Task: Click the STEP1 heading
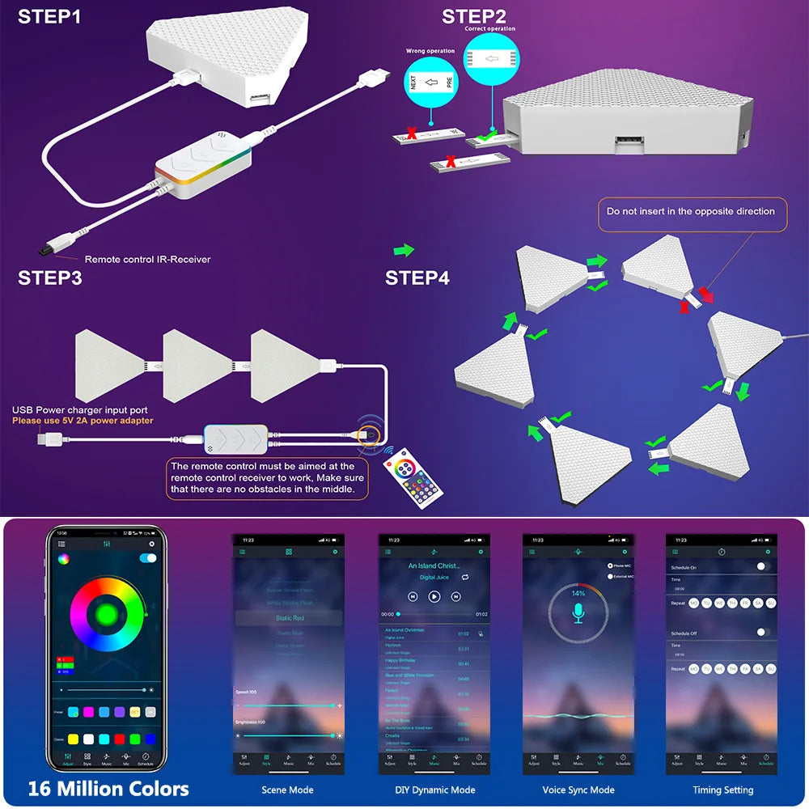point(49,16)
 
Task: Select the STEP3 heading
point(49,278)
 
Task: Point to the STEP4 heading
point(417,278)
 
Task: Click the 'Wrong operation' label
point(430,51)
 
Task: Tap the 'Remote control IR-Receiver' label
point(147,259)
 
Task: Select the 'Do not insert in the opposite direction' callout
point(691,211)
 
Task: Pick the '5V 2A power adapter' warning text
point(82,421)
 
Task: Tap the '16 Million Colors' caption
point(108,789)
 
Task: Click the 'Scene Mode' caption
point(287,790)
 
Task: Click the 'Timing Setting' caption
point(722,790)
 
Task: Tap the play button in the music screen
point(434,596)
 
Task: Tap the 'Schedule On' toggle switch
point(762,566)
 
